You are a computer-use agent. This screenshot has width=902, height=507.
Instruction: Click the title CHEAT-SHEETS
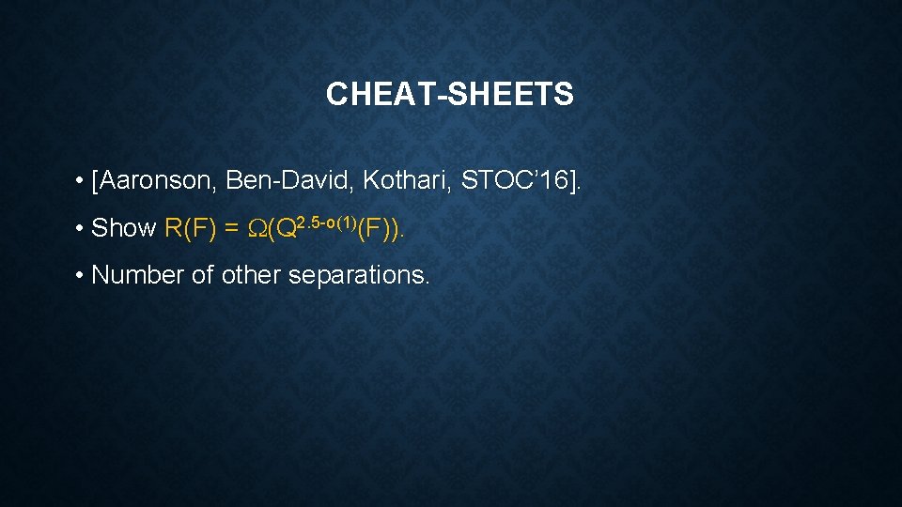point(449,94)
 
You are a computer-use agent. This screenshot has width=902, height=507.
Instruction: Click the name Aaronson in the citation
point(155,180)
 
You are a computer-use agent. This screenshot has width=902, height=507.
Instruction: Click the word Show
point(124,228)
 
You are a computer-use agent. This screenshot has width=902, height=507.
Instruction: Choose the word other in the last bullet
point(251,275)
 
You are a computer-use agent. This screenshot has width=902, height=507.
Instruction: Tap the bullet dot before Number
point(83,276)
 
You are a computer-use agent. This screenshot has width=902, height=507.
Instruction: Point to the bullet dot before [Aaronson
point(83,181)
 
